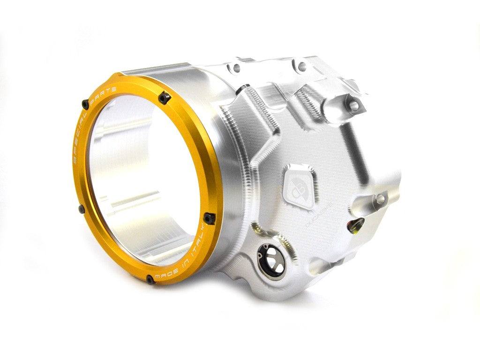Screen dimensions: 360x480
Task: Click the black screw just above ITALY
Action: tap(209, 217)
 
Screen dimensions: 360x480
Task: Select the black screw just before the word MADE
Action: tap(150, 279)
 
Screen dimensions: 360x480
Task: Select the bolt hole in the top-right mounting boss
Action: tap(354, 106)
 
